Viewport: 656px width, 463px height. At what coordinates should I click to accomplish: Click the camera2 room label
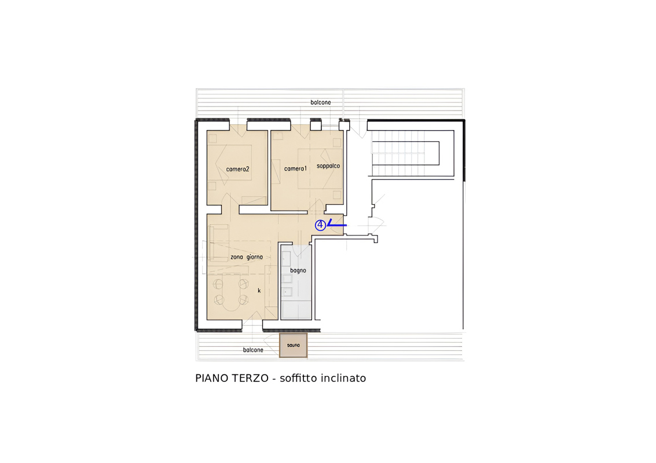click(x=237, y=169)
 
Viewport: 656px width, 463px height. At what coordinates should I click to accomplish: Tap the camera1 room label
click(x=295, y=168)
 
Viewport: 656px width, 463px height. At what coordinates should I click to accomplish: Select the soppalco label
click(x=328, y=166)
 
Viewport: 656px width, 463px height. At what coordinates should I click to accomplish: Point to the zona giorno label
click(x=247, y=257)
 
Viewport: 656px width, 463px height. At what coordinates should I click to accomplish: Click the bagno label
click(x=298, y=271)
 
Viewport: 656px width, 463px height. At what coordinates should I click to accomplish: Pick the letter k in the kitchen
click(x=259, y=291)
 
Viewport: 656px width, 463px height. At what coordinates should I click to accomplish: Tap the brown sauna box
click(x=294, y=346)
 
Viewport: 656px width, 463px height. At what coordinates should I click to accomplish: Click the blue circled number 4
click(x=320, y=226)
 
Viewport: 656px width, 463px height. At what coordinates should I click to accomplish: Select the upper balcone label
click(x=320, y=102)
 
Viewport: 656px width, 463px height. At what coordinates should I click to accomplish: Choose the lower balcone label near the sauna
click(x=253, y=350)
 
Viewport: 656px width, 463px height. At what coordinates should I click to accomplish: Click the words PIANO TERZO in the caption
click(x=232, y=378)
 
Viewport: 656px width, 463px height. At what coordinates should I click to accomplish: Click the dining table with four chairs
click(x=231, y=292)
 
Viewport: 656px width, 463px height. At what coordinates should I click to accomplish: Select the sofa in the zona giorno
click(x=218, y=242)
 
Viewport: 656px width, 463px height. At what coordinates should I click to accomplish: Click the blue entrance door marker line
click(x=337, y=224)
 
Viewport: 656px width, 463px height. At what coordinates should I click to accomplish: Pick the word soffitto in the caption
click(x=299, y=378)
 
